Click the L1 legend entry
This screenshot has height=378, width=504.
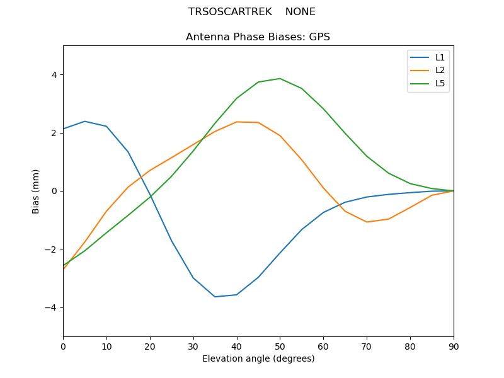440,57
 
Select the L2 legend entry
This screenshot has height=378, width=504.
440,70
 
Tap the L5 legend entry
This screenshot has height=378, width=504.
440,83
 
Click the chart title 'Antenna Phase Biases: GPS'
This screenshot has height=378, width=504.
258,37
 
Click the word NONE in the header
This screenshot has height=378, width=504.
301,12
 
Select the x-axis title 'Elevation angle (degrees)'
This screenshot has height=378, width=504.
258,359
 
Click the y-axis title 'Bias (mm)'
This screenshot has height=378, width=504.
36,191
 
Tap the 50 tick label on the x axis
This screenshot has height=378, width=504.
280,346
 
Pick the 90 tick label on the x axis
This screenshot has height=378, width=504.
454,346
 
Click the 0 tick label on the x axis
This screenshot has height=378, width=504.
63,346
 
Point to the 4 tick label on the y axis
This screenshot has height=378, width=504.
54,75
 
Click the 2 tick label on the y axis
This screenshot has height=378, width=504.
54,133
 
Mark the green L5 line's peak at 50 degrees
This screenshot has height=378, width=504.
280,79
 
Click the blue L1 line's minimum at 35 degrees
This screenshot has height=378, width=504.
215,297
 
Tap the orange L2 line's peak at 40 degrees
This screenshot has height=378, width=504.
237,122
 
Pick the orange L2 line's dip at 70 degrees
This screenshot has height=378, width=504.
367,222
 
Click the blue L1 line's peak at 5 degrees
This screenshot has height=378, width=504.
84,121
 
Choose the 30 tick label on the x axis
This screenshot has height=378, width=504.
193,346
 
